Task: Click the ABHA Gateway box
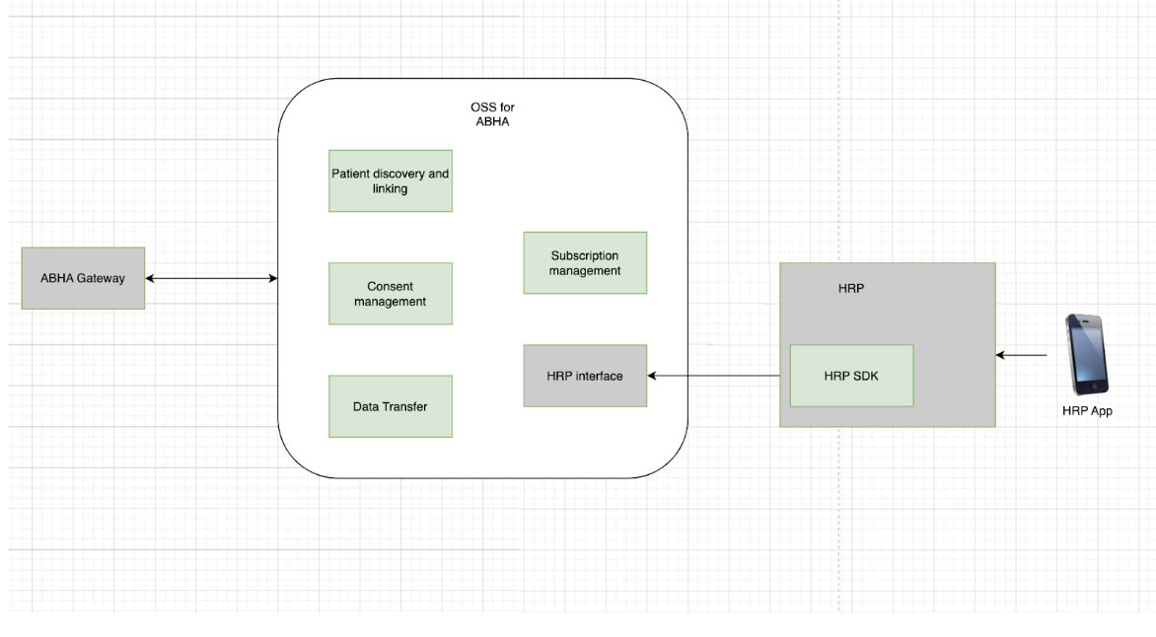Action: coord(83,278)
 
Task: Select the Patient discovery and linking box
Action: coord(390,180)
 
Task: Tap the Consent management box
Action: coord(390,294)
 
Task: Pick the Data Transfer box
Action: coord(390,406)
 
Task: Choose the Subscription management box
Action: coord(585,262)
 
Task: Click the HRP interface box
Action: coord(585,376)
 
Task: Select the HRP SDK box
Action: coord(851,376)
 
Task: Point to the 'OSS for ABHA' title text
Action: coord(491,114)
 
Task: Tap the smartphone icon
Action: coord(1086,354)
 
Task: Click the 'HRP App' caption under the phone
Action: coord(1087,411)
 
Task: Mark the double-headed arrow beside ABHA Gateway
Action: coord(211,278)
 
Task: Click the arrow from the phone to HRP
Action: coord(1021,355)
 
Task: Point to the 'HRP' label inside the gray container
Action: coord(849,290)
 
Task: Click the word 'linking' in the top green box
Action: coord(390,188)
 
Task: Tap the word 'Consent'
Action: coord(390,287)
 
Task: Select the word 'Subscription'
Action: coord(585,255)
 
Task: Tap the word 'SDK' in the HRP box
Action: coord(865,376)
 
